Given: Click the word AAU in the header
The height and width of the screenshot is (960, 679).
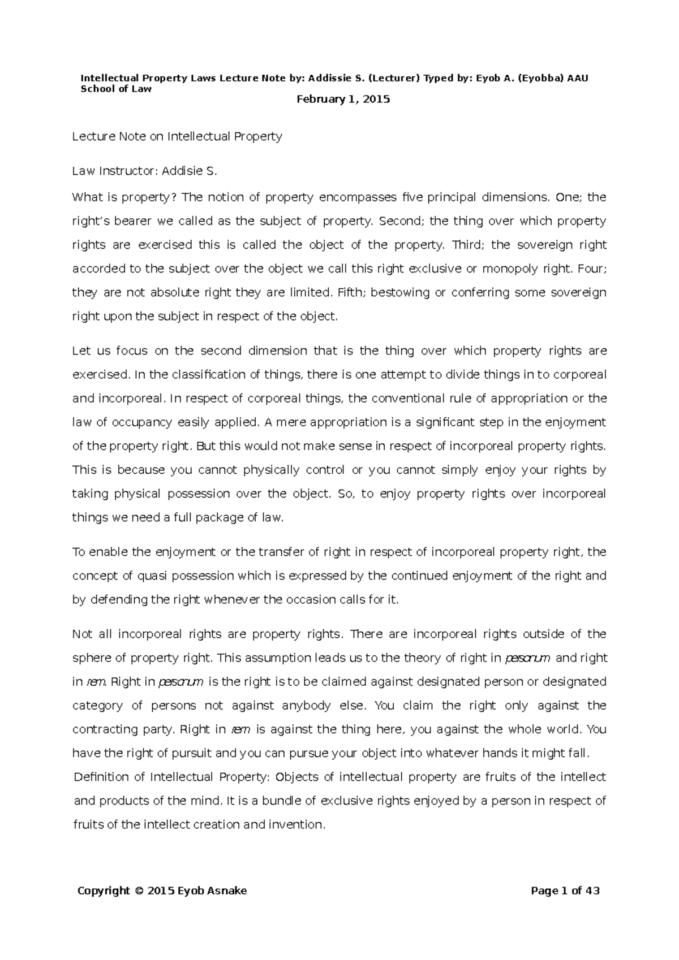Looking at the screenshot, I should (578, 78).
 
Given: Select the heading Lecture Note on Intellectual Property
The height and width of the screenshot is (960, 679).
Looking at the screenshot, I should (177, 136).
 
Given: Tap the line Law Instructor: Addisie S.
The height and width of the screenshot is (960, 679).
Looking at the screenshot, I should (144, 171).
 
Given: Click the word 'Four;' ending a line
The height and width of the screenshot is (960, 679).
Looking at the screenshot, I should (592, 269).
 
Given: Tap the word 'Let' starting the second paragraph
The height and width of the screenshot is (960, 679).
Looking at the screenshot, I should (81, 351).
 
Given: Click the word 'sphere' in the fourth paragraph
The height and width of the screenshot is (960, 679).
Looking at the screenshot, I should (88, 658).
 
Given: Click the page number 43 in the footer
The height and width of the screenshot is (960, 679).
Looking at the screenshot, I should (592, 892).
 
